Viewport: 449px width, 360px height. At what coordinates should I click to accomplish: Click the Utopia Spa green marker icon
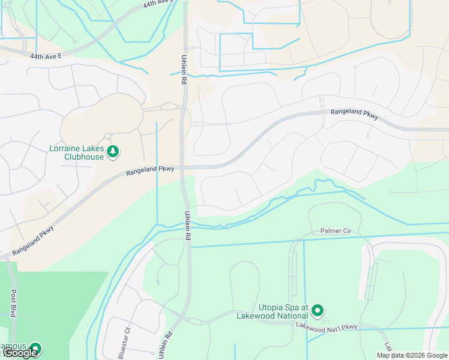318,311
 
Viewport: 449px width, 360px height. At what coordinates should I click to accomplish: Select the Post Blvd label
13,304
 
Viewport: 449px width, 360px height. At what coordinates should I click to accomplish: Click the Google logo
20,353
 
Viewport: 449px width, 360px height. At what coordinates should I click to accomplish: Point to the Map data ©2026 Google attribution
412,355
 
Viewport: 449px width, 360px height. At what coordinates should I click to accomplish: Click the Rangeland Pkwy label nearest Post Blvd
33,240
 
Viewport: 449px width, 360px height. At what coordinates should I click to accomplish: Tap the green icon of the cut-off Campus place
35,349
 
